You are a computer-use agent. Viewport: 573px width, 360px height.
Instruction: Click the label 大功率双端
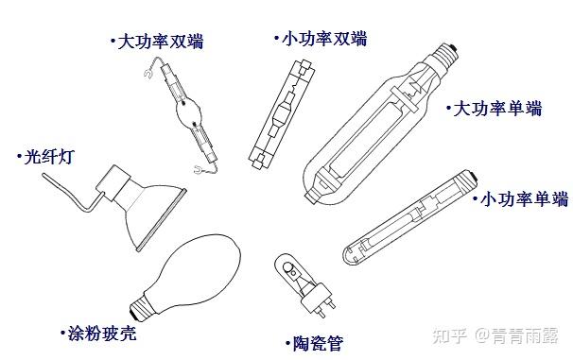(x=161, y=42)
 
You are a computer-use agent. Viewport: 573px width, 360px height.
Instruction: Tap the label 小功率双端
(x=324, y=39)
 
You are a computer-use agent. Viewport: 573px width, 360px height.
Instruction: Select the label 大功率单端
(x=497, y=109)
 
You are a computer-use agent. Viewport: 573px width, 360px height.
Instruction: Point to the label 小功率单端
(x=525, y=199)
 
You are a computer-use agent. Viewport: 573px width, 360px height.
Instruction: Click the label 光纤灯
(x=49, y=157)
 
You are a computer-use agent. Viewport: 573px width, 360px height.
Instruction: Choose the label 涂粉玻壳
(x=102, y=334)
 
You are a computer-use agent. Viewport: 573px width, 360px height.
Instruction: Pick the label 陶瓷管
(x=319, y=343)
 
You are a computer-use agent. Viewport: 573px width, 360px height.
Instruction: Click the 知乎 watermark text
(x=450, y=335)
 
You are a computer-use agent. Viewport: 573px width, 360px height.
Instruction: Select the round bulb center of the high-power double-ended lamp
(x=187, y=111)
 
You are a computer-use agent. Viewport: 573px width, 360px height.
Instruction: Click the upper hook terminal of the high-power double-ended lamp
(x=148, y=74)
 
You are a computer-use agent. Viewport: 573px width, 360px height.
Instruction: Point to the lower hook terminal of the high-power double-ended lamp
(x=199, y=169)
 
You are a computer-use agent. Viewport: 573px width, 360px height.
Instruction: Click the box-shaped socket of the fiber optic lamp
(x=113, y=183)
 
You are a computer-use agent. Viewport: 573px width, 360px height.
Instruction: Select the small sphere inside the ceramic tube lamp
(x=292, y=272)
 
